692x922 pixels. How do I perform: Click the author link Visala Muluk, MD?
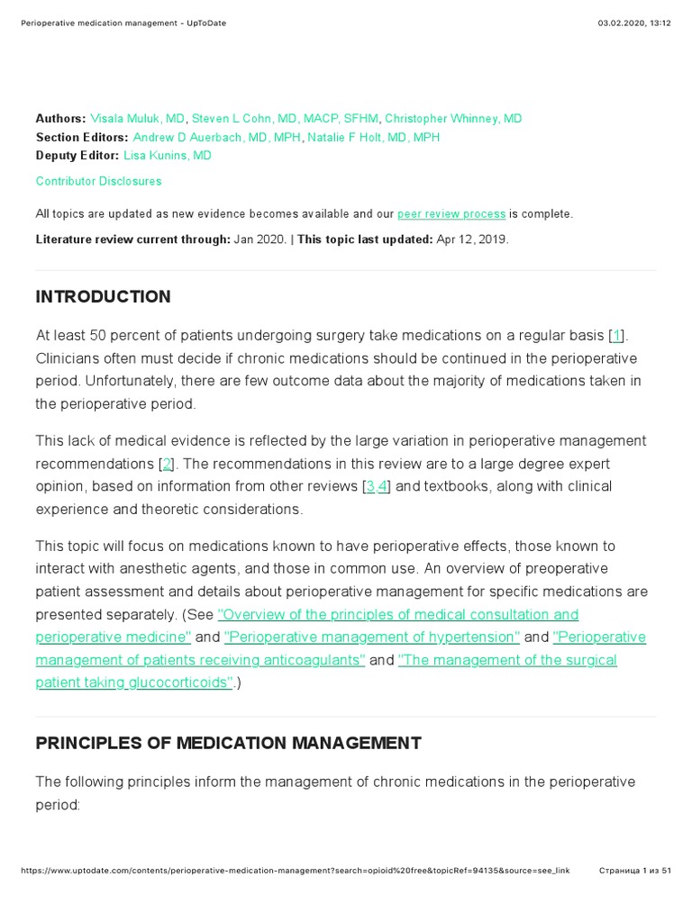pos(138,119)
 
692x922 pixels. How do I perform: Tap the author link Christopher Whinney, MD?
pos(453,119)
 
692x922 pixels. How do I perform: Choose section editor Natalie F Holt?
pos(373,138)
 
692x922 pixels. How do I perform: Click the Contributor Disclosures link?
pos(98,181)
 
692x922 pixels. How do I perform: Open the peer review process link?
pos(451,214)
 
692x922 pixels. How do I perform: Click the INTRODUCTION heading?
pos(103,297)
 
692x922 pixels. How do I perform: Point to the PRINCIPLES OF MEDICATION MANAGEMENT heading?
pos(228,744)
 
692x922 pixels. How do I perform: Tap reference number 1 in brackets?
pos(616,336)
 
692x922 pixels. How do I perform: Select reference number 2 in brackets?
pos(167,464)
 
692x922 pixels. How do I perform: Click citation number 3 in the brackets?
pos(370,486)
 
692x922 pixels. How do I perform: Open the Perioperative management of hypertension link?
pos(372,637)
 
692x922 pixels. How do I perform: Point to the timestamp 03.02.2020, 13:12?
pos(634,23)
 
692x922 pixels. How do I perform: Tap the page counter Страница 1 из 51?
pos(635,872)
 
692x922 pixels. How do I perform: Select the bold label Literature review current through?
pos(132,240)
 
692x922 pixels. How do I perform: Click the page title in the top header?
pos(123,23)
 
